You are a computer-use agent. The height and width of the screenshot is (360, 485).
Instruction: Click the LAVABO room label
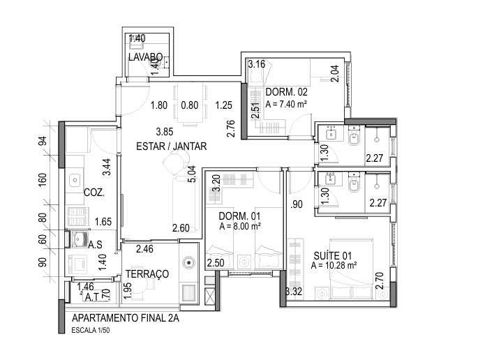coord(146,57)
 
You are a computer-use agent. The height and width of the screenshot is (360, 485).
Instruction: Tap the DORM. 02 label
coord(287,92)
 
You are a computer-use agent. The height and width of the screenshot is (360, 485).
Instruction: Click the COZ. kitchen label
coord(94,192)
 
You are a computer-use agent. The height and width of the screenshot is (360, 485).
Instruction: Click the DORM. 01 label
coord(239,216)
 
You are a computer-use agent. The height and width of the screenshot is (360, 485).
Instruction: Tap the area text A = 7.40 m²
coord(287,104)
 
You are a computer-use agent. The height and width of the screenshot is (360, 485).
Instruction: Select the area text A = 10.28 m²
coord(334,265)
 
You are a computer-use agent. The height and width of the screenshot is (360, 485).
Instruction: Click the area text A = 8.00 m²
coord(240,227)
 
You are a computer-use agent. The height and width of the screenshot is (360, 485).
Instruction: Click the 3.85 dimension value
coord(164,131)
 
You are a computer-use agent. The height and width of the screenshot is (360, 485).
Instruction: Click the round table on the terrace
coord(189,263)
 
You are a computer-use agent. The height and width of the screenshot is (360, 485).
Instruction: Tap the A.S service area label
coord(96,245)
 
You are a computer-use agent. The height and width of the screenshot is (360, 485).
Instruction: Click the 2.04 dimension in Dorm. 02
coord(335,74)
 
